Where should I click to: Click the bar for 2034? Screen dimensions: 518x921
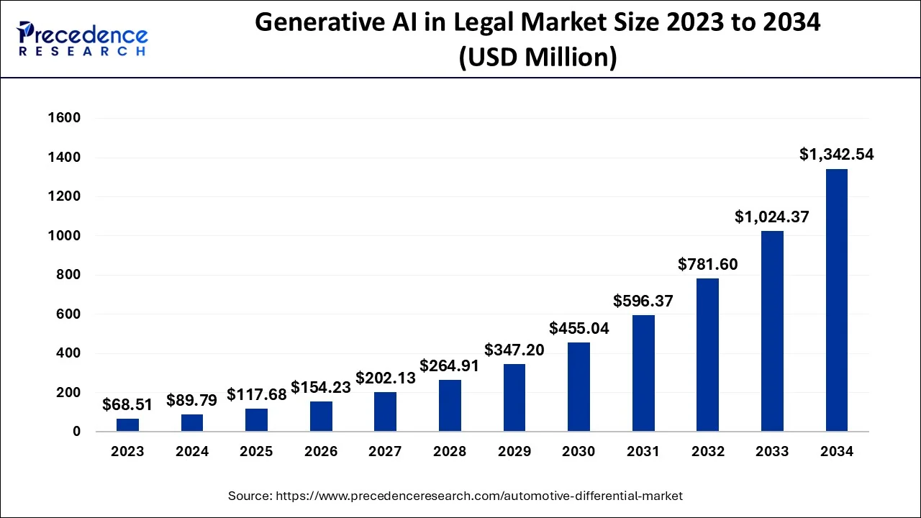pos(836,300)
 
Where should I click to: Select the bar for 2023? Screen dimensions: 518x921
pos(128,425)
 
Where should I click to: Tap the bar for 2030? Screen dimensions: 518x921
pos(579,387)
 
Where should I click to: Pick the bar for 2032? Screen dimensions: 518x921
pos(707,355)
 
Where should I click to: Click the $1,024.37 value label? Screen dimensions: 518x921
pos(772,216)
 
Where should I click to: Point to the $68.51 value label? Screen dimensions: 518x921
pos(127,404)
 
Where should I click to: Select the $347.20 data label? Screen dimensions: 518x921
pos(514,350)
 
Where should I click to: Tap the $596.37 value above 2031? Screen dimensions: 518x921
pos(643,301)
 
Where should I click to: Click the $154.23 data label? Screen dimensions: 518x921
pos(321,387)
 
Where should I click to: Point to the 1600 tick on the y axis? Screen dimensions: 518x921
pos(65,118)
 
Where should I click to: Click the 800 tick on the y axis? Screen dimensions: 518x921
pos(70,275)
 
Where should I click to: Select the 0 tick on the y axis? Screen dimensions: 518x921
pos(76,432)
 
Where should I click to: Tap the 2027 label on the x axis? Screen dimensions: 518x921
pos(385,452)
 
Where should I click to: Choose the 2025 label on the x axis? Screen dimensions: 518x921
pos(256,452)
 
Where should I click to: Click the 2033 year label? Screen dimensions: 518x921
pos(772,452)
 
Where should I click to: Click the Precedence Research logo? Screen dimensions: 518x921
pos(81,39)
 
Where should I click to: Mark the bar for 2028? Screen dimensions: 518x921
pos(450,406)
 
